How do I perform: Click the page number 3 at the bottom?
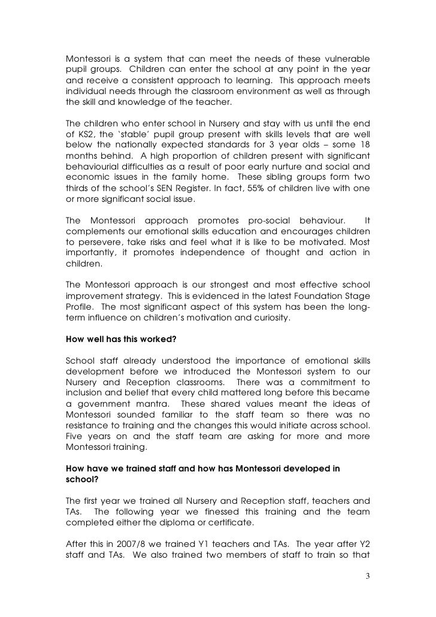368,579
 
